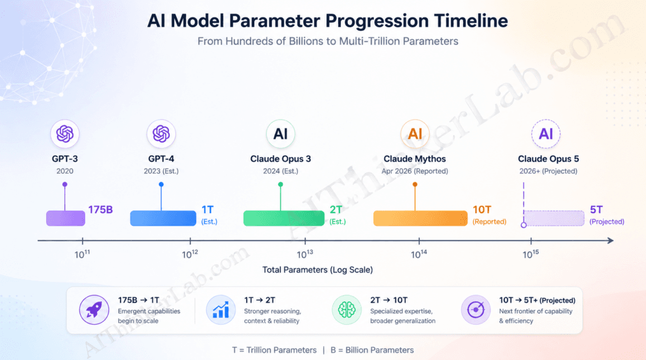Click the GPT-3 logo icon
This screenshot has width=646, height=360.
(x=65, y=134)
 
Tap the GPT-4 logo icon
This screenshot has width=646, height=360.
(x=161, y=134)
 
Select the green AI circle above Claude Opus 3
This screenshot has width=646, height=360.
(x=281, y=134)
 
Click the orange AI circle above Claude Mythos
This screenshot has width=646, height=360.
(x=415, y=134)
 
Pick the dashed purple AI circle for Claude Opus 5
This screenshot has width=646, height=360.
(x=546, y=134)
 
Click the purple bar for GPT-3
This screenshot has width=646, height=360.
(x=66, y=218)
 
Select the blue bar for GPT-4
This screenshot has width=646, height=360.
(x=163, y=218)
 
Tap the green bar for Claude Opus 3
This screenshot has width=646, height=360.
(x=284, y=218)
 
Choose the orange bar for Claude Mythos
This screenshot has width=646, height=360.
(x=421, y=218)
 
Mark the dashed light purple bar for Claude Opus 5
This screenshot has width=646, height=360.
(x=554, y=218)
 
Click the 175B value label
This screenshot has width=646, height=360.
(x=101, y=209)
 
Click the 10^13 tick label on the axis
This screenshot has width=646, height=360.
(x=305, y=254)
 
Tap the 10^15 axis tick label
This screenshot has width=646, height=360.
(x=531, y=254)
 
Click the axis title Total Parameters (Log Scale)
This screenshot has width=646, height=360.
(x=317, y=270)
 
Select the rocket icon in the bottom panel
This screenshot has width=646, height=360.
(x=94, y=310)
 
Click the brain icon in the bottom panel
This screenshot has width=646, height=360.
(x=346, y=310)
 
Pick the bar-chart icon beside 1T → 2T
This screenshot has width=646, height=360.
(x=220, y=310)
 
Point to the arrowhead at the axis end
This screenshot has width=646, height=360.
(x=610, y=240)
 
